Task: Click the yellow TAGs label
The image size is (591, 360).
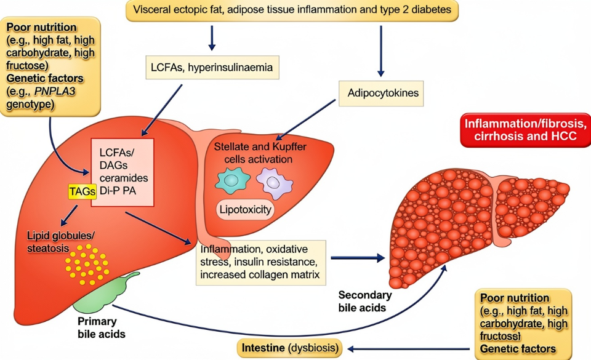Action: tap(82, 191)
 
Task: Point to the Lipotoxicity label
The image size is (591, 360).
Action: tap(245, 210)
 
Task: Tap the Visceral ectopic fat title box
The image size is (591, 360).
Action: tap(290, 11)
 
